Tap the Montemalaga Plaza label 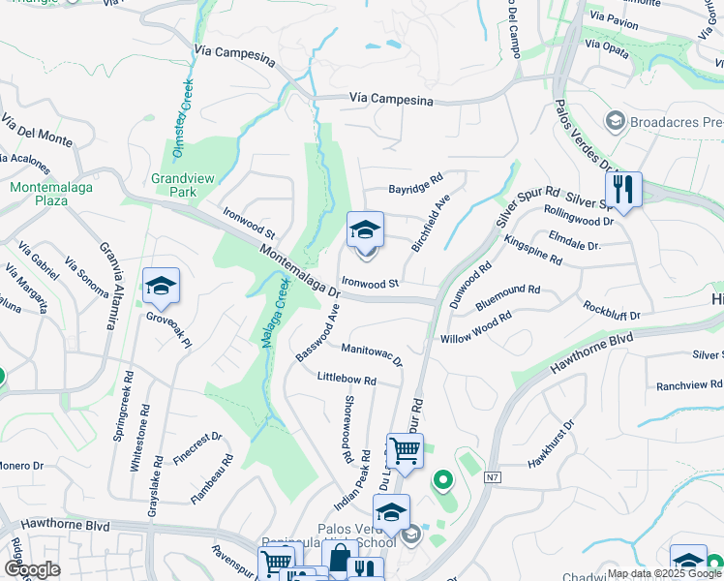(x=39, y=194)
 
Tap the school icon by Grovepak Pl (x=161, y=286)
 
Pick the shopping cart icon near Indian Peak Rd (x=405, y=450)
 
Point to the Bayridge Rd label (x=415, y=180)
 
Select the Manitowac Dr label (x=372, y=352)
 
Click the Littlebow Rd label (x=347, y=380)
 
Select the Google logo (x=32, y=569)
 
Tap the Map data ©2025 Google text (x=664, y=573)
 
